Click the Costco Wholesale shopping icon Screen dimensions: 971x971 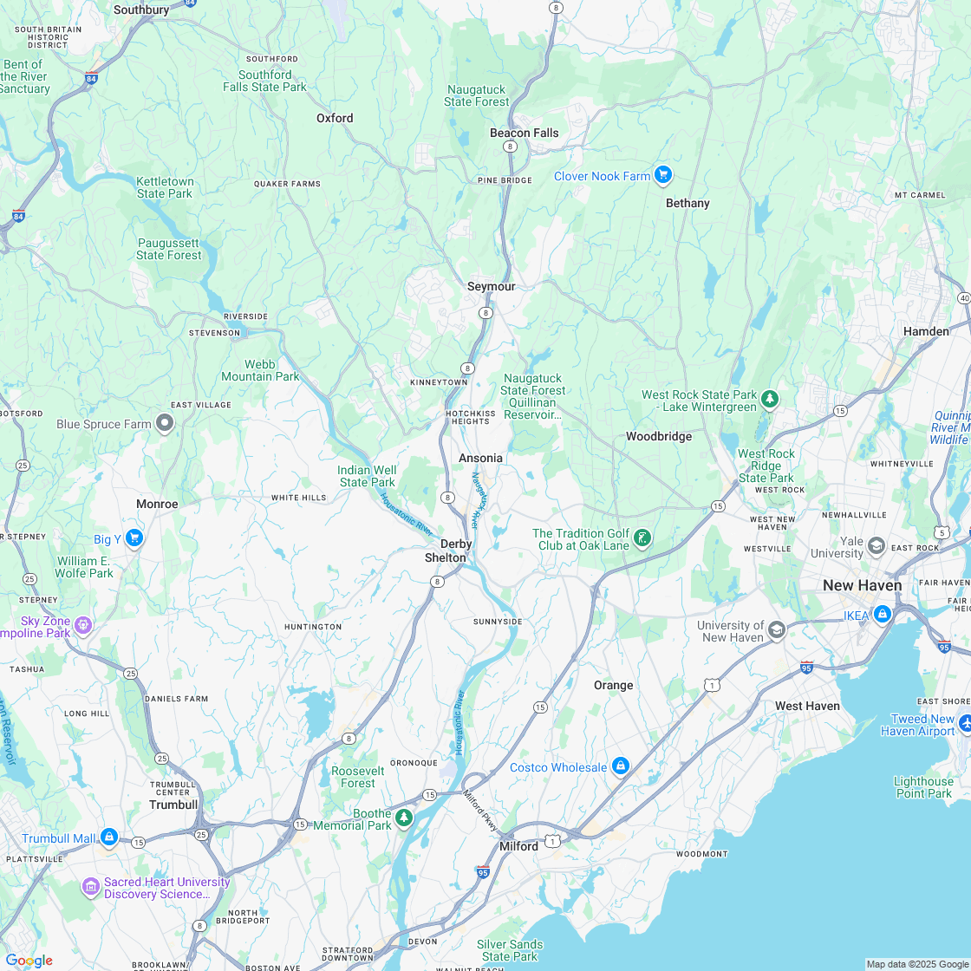[x=620, y=766]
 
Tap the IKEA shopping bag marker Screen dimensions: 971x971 [x=882, y=615]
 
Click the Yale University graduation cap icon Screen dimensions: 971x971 [x=877, y=545]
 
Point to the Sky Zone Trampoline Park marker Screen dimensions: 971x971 [x=83, y=624]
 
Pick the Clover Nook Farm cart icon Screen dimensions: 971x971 [x=663, y=175]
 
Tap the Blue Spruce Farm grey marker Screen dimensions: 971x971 [x=165, y=423]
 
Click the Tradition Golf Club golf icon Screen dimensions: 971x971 [x=642, y=538]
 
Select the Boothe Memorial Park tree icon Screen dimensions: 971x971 [x=403, y=818]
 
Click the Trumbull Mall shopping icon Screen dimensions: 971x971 [x=108, y=837]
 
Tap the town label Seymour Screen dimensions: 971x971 [x=491, y=286]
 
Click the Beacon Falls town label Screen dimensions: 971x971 [x=524, y=133]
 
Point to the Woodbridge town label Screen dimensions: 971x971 [x=659, y=436]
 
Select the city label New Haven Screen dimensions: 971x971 [x=862, y=585]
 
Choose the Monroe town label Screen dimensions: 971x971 [x=157, y=504]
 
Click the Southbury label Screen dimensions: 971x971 [x=141, y=10]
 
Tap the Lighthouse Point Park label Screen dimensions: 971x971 [x=923, y=787]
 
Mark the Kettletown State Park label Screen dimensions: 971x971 [x=165, y=187]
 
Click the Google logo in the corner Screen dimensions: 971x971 [x=29, y=960]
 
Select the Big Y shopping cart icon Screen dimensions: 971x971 [x=134, y=538]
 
